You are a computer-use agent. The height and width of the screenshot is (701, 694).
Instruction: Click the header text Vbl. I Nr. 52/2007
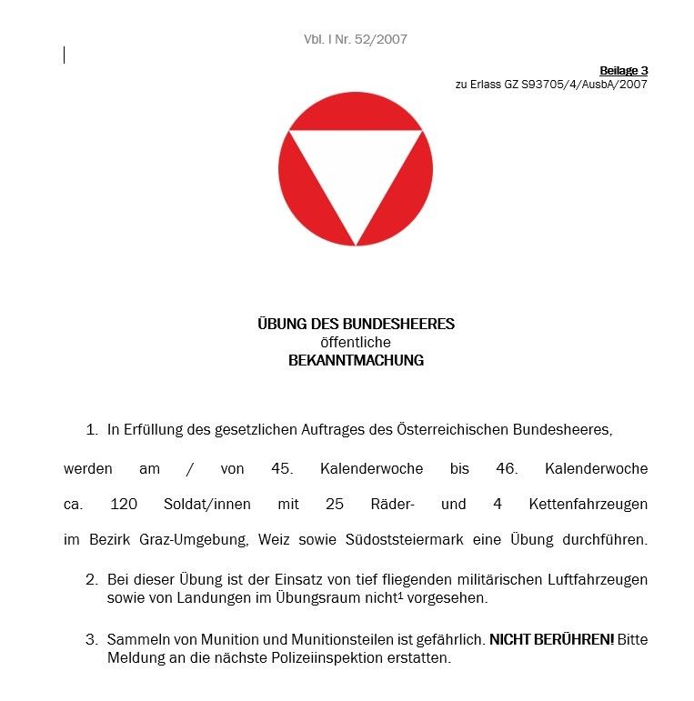pos(356,39)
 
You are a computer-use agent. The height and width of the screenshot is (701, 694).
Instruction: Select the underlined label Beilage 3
pos(623,71)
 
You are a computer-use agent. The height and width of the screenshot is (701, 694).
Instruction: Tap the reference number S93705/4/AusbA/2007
pos(584,85)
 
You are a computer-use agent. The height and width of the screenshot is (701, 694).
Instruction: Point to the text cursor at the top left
pos(65,55)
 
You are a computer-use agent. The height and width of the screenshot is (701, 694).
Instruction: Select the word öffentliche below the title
pos(356,342)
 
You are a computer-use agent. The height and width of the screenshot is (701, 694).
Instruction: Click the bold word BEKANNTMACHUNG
pos(356,360)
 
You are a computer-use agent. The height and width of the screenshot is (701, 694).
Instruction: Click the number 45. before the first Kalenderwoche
pos(282,469)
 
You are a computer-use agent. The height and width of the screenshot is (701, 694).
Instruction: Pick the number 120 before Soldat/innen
pos(124,504)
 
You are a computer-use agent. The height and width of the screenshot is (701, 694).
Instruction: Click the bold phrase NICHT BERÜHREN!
pos(552,639)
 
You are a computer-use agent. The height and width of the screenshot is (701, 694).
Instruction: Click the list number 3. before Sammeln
pos(91,639)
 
